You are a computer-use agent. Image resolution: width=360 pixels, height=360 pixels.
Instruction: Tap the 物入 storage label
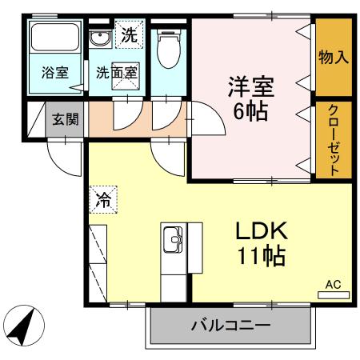(x=333, y=57)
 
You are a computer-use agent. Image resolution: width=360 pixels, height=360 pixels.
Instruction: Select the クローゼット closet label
(x=333, y=139)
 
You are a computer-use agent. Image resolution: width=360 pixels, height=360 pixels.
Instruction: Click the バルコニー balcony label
(x=230, y=326)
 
